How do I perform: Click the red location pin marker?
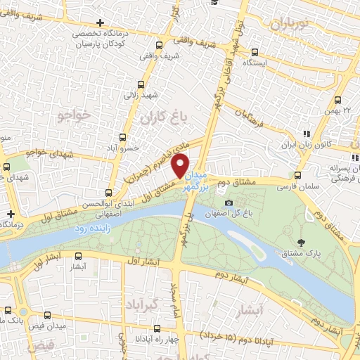click(181, 165)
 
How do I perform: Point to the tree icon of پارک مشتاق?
click(302, 243)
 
